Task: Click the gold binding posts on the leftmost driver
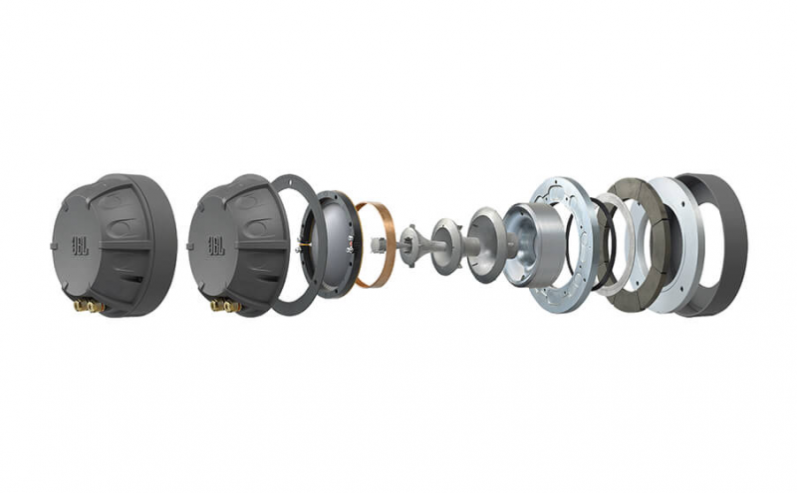coord(89,306)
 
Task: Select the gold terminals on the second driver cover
coord(225,306)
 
